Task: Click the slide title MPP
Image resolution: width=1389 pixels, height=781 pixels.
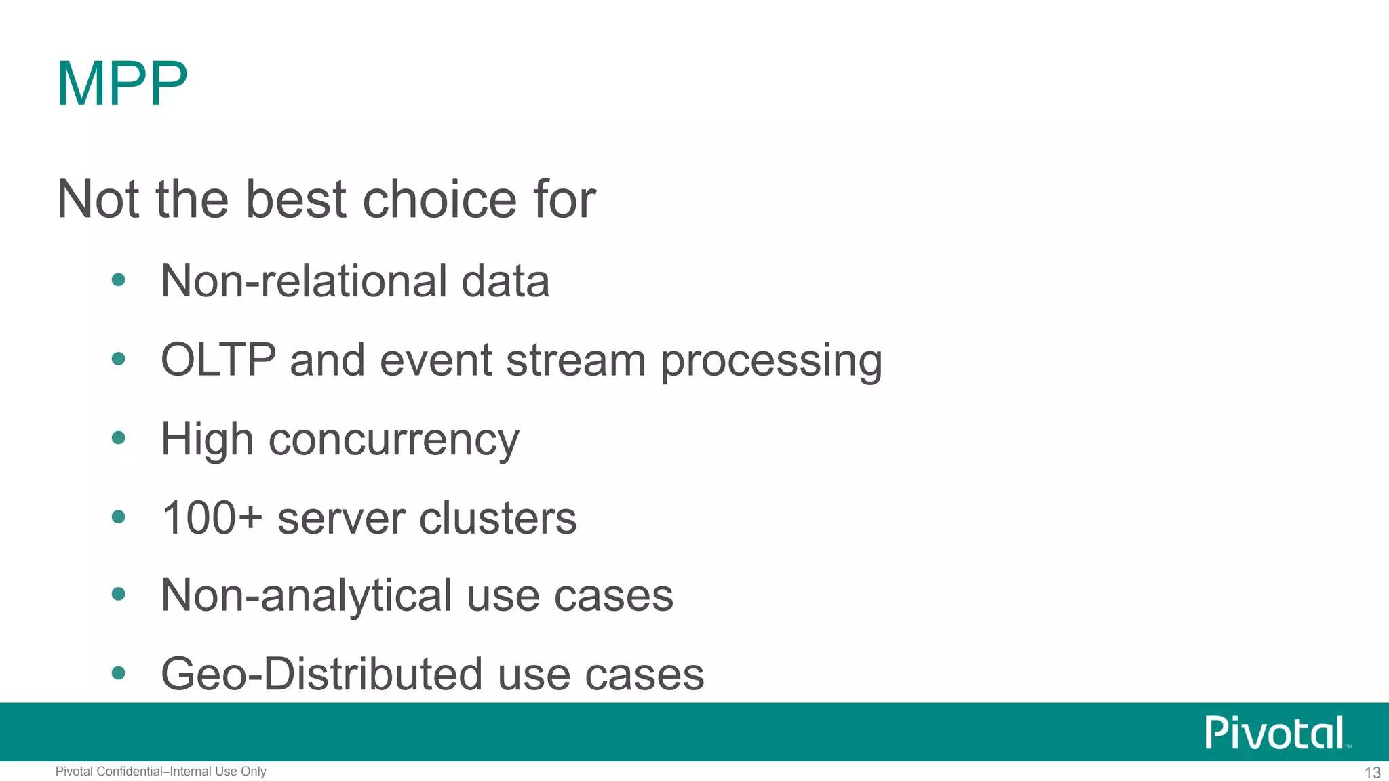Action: pos(122,84)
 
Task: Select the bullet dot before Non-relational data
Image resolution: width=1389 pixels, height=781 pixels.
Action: pos(119,279)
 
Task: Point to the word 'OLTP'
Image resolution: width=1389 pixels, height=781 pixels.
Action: pos(218,359)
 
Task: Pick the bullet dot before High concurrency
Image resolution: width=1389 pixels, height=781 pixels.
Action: pos(119,438)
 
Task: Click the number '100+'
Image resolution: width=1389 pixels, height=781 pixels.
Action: pos(212,518)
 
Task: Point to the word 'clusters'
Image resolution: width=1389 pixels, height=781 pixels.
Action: pos(498,518)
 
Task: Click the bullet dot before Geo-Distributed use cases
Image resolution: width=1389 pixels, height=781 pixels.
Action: pos(119,673)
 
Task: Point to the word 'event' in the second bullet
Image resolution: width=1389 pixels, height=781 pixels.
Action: pos(435,359)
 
